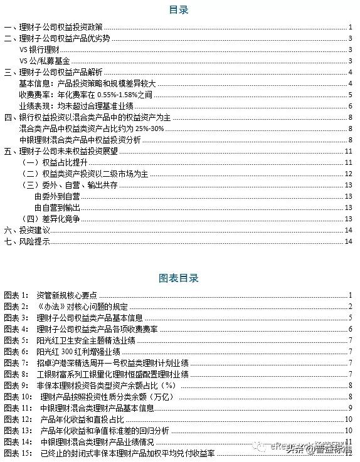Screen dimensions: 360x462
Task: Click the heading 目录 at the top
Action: pos(179,10)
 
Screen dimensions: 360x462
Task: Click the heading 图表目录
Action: pos(179,276)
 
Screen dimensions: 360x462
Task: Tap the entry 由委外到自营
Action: pos(56,196)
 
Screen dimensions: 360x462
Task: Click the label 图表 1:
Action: pos(16,295)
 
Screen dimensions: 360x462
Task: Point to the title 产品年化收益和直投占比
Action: pos(78,418)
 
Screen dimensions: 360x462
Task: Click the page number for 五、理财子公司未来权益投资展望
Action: pos(349,151)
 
